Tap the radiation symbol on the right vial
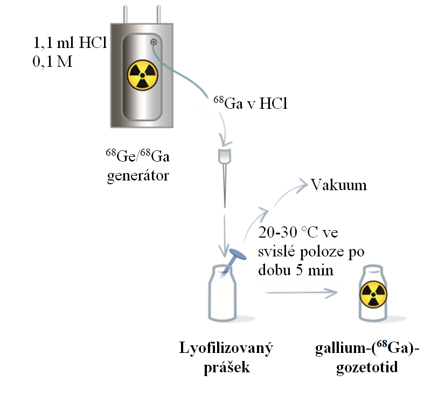tap(372, 294)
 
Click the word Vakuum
tap(339, 185)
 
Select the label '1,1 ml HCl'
tap(69, 43)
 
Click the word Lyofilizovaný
tap(226, 348)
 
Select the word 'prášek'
tap(226, 366)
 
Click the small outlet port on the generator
tap(154, 41)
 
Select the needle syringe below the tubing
tap(224, 172)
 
